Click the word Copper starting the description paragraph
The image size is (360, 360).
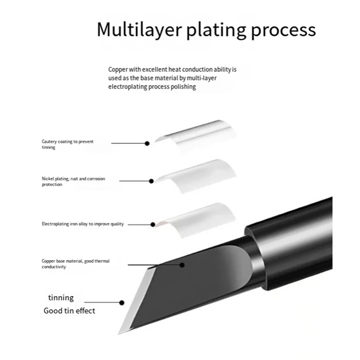coord(117,70)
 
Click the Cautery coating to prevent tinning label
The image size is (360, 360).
coord(67,144)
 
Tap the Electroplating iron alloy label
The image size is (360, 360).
coord(82,224)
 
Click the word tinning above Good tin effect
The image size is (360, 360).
coord(61,297)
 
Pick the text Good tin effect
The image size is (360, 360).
coord(69,310)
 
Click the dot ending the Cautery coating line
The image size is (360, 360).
coord(147,143)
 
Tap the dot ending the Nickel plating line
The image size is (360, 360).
coord(152,181)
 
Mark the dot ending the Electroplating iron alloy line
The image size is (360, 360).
coord(153,224)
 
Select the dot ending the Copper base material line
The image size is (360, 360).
coord(182,264)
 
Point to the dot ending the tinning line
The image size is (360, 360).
coord(121,302)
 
